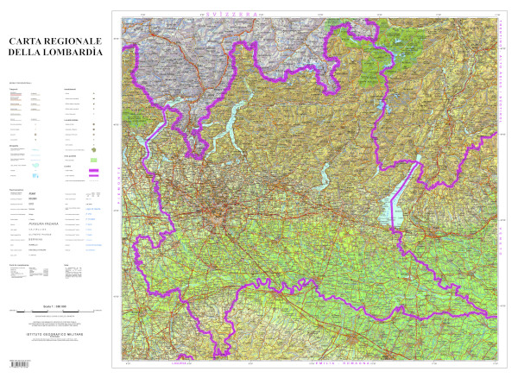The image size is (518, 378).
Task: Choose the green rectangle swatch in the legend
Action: pyautogui.click(x=92, y=160)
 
